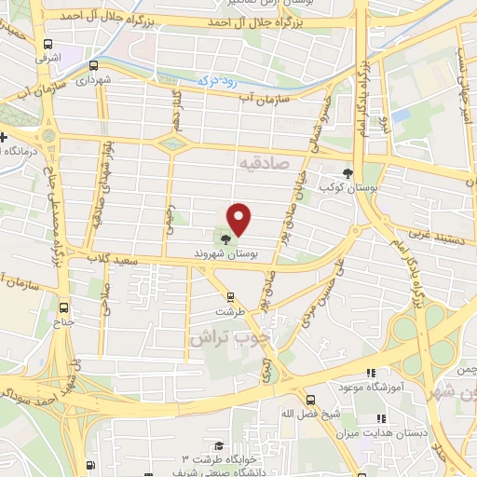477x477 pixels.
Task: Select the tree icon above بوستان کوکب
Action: [x=348, y=173]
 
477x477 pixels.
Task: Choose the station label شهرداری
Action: [x=94, y=81]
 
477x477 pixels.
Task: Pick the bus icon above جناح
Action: [x=63, y=308]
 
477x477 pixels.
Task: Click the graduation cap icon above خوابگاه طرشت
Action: [x=217, y=446]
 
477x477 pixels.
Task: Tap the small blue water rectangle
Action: [x=401, y=115]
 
